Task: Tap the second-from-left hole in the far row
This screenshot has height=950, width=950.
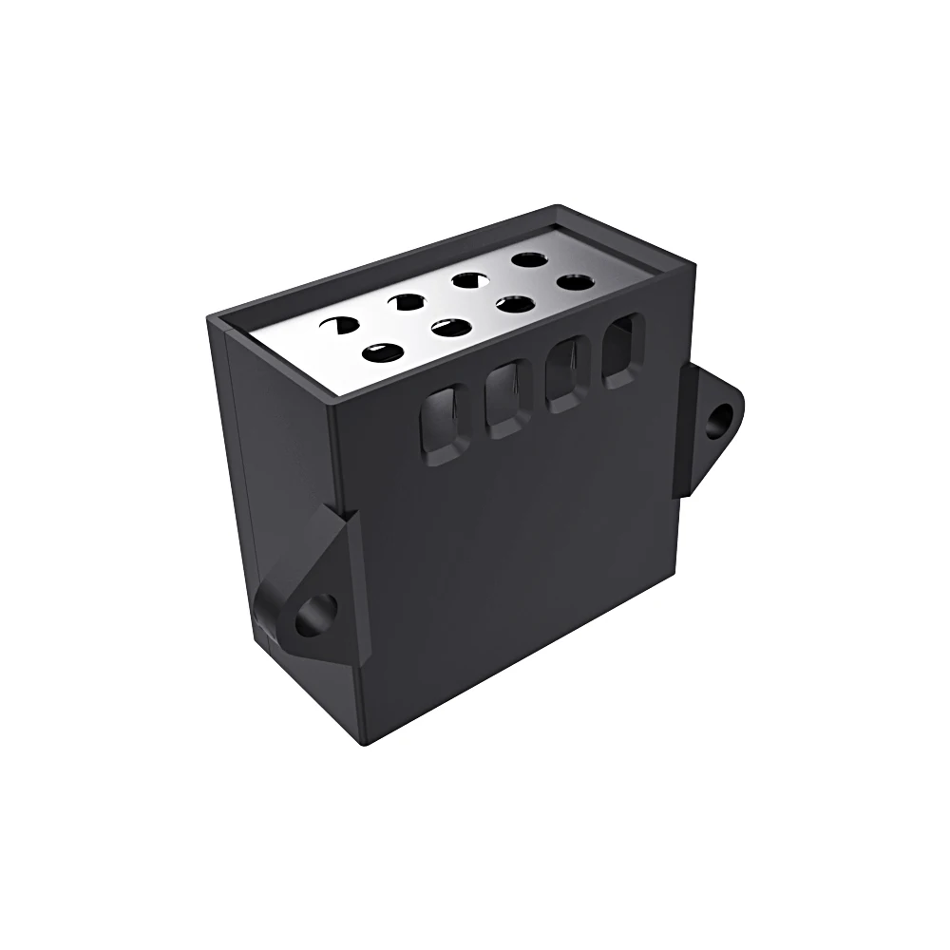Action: click(x=408, y=303)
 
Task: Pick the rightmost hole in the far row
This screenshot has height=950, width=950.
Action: click(x=528, y=258)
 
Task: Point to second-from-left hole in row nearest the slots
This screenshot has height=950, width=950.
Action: click(x=451, y=328)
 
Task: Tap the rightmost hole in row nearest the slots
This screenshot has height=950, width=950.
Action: click(x=574, y=282)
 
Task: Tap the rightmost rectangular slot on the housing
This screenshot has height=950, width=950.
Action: click(x=622, y=350)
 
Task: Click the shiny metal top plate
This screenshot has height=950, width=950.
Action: click(x=456, y=313)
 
